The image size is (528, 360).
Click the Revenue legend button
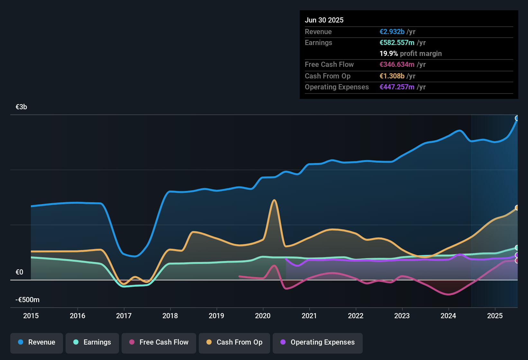click(37, 342)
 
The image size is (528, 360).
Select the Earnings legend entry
click(92, 342)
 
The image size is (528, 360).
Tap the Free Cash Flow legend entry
click(159, 342)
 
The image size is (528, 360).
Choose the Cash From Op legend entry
click(234, 342)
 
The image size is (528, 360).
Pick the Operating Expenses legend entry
click(318, 342)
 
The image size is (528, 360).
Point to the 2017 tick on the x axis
click(124, 316)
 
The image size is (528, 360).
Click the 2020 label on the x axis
click(263, 316)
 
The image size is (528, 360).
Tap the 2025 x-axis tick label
click(495, 316)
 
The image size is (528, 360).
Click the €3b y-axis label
click(21, 107)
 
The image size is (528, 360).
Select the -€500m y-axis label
click(27, 300)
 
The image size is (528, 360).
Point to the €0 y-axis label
click(19, 272)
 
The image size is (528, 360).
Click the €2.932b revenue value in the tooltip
click(392, 32)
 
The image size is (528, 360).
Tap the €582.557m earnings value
click(397, 43)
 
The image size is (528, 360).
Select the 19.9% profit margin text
click(410, 54)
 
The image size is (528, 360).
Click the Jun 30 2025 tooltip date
click(324, 20)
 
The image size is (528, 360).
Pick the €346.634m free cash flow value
click(397, 65)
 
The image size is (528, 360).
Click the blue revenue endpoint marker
click(517, 118)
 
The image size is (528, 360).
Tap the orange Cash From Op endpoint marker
click(517, 208)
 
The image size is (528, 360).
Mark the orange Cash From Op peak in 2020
click(274, 200)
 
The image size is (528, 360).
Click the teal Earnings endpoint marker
click(517, 248)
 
